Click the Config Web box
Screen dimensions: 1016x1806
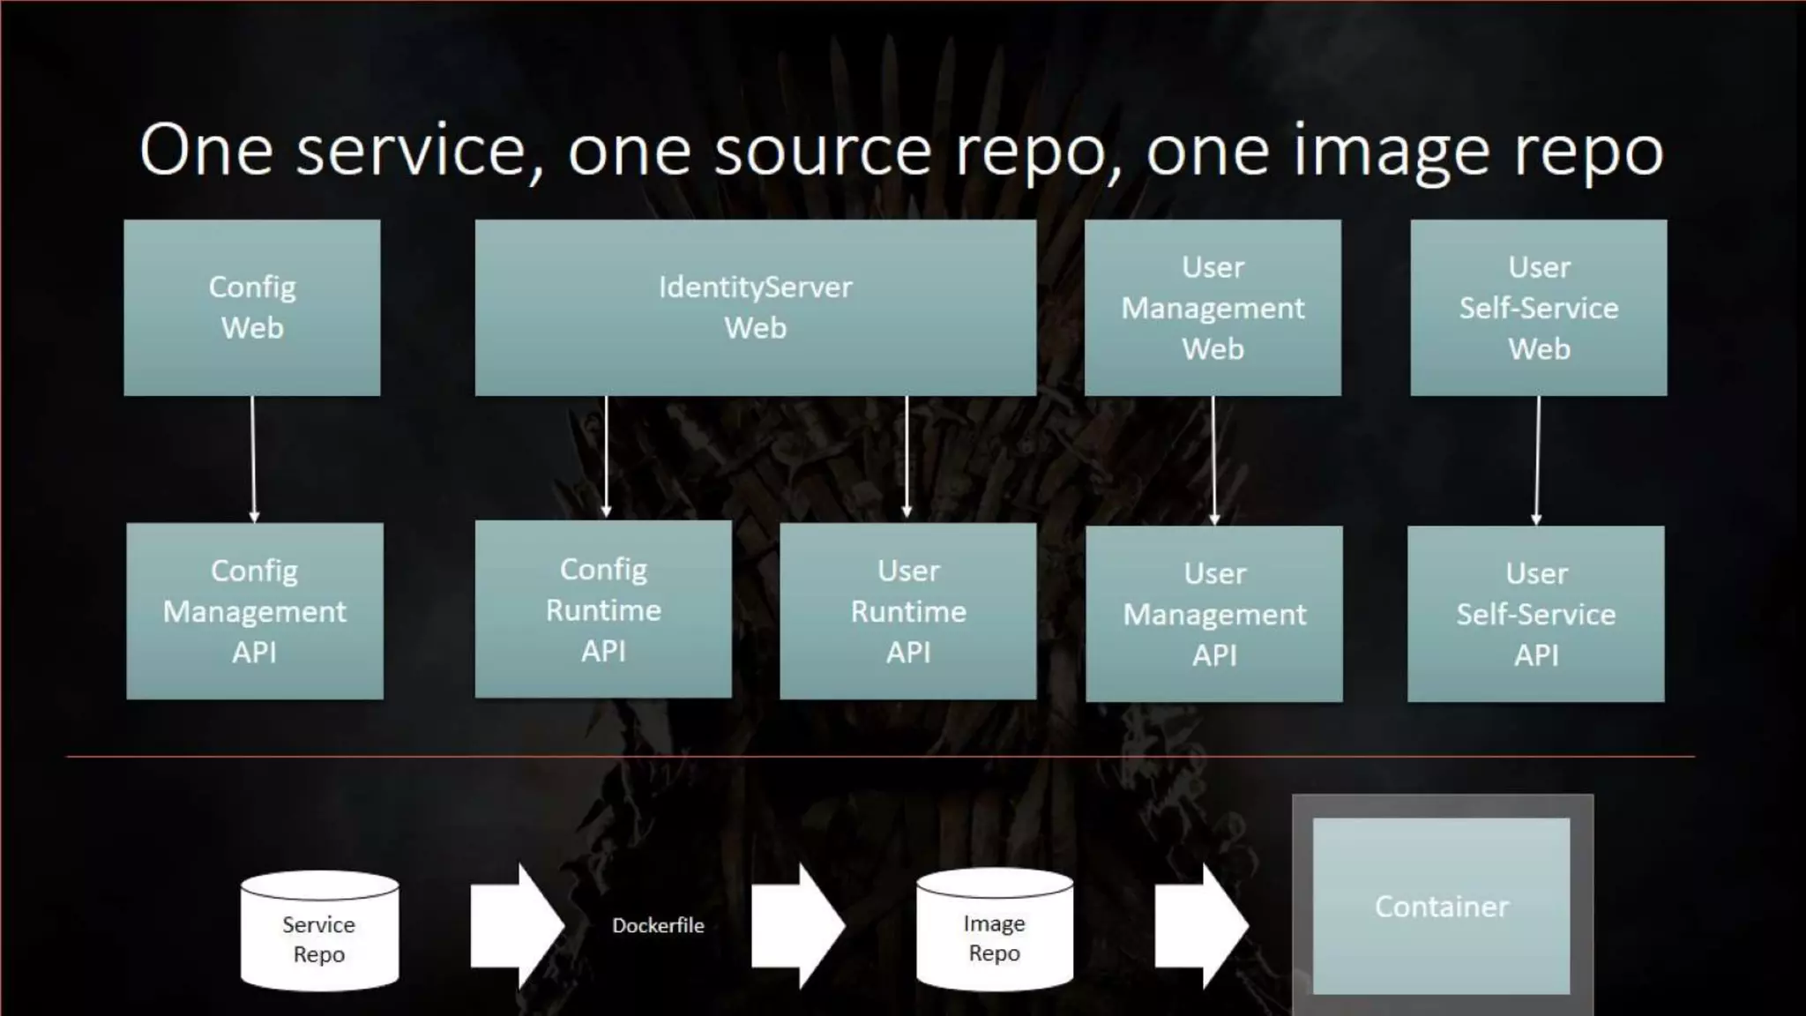252,307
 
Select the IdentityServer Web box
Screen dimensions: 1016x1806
755,307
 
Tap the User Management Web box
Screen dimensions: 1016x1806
1213,307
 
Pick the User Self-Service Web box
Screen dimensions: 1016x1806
1539,307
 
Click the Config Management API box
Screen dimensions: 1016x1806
255,611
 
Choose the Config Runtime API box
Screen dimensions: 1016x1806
603,609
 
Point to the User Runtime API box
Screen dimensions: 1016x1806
908,611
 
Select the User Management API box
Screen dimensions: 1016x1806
1214,614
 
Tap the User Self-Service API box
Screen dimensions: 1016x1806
1536,614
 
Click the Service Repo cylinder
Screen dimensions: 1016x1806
319,933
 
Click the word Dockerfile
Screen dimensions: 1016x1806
658,925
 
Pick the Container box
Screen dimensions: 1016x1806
1442,906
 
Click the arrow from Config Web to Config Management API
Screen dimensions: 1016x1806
253,459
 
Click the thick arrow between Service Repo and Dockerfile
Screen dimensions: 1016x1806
516,925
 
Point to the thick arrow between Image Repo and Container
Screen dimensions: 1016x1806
1201,925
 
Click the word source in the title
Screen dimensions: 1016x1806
822,152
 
